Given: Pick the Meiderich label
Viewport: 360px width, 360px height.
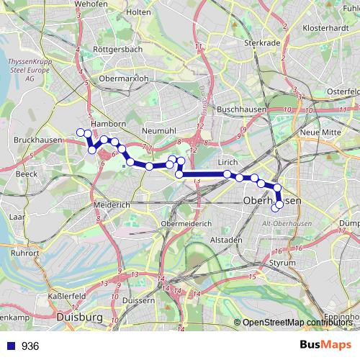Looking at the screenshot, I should tap(112, 204).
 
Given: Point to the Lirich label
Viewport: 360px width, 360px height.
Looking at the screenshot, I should tap(228, 163).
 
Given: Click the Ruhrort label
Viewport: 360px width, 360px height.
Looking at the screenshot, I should tap(25, 253).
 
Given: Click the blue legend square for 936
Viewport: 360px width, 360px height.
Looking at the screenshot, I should tap(9, 346).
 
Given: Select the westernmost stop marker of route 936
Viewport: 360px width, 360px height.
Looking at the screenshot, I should tap(80, 132).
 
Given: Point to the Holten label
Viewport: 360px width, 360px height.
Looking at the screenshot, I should tap(138, 12).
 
